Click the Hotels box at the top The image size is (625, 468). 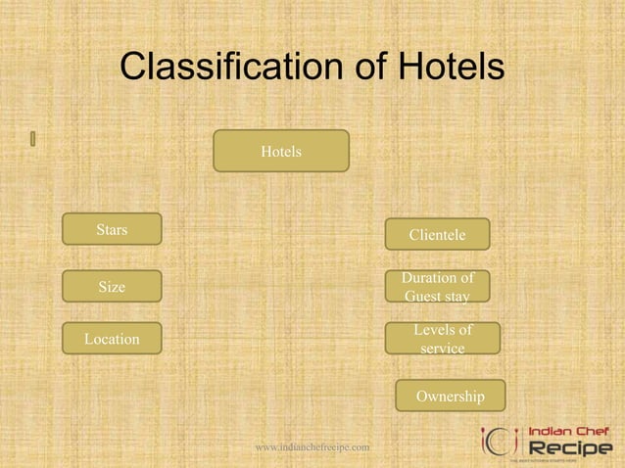pos(281,152)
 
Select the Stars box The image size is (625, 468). pos(112,230)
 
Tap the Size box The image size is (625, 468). pos(112,287)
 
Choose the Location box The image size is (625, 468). pos(112,339)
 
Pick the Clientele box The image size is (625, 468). pos(437,235)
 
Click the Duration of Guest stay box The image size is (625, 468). pos(437,287)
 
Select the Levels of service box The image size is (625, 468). pos(442,339)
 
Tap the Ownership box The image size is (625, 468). pos(450,397)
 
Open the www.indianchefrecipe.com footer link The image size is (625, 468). pos(312,447)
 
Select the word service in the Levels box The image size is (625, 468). pos(442,349)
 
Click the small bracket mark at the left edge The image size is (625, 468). pos(32,138)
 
